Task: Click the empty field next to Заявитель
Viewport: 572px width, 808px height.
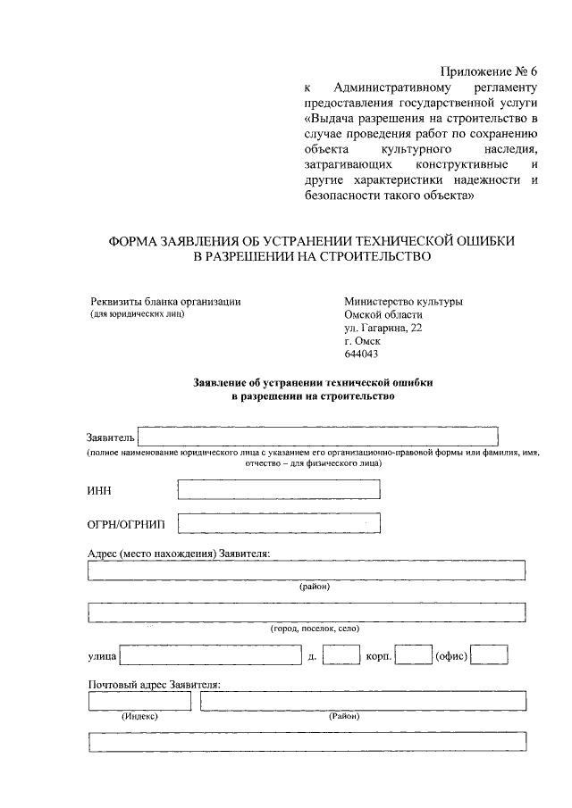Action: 318,437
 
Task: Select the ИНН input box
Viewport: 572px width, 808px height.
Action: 279,489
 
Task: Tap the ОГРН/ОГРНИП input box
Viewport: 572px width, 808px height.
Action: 279,522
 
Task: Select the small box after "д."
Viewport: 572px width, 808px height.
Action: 341,656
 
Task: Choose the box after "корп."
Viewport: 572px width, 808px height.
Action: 413,656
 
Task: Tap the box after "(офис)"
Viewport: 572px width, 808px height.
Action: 489,656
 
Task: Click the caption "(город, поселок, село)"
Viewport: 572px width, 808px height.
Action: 315,629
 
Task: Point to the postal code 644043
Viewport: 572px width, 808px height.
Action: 361,354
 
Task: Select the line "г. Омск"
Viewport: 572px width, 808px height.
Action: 362,341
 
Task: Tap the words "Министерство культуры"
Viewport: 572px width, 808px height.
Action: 403,301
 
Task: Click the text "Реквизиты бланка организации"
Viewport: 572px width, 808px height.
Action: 164,301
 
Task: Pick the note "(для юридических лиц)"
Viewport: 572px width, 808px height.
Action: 135,314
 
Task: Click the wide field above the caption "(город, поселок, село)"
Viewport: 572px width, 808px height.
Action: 307,612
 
